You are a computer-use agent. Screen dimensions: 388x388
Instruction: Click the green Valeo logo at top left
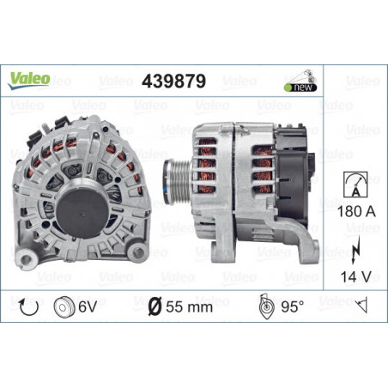tap(29, 81)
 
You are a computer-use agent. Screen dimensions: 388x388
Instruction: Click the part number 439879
tap(173, 81)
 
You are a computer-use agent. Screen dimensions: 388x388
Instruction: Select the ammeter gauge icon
tap(355, 185)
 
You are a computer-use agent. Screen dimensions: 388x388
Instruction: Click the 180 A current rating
tap(356, 211)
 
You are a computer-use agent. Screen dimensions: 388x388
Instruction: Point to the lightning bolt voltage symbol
tap(355, 250)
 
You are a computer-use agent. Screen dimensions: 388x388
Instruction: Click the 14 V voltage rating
tap(355, 276)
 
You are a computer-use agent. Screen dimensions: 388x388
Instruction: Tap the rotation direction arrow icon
tap(28, 307)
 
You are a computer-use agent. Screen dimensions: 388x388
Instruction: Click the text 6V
tap(88, 307)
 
